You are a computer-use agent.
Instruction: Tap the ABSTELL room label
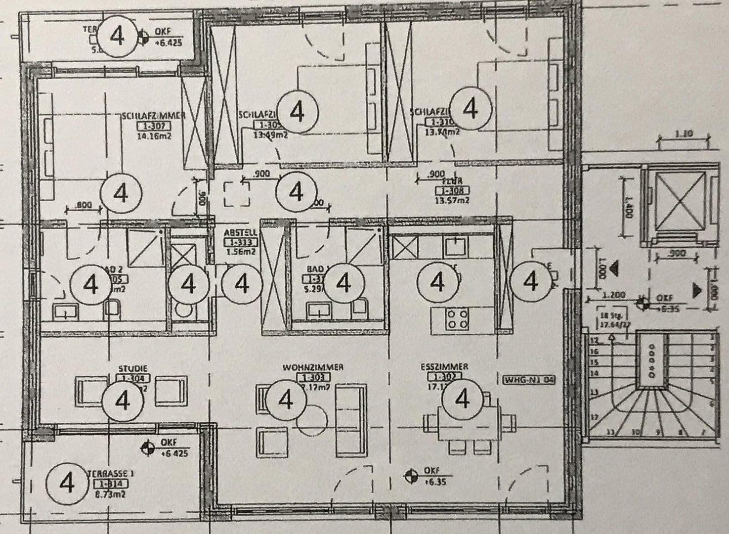click(x=240, y=232)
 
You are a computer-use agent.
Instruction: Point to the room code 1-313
click(x=240, y=242)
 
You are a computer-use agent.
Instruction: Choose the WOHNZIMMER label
click(x=313, y=367)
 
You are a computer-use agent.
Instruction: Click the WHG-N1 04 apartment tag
click(x=529, y=380)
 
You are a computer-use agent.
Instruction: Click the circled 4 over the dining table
click(x=463, y=399)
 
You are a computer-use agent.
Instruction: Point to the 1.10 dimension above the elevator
click(x=683, y=133)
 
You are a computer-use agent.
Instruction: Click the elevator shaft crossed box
click(x=680, y=203)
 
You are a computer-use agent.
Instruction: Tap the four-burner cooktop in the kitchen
click(x=457, y=319)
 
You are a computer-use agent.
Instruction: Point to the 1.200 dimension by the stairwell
click(x=613, y=295)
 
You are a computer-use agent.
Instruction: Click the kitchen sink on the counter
click(x=453, y=244)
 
